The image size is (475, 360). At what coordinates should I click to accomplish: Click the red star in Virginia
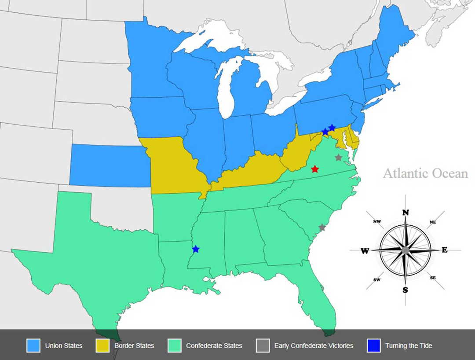click(x=315, y=169)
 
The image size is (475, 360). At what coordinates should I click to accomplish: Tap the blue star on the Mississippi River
click(x=196, y=249)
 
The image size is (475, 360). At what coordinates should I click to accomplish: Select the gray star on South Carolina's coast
click(x=322, y=227)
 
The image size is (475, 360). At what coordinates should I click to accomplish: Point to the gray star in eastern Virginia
click(x=338, y=157)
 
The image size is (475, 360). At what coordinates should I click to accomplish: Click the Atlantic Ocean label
click(x=425, y=173)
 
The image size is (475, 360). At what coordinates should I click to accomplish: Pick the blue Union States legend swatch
click(x=33, y=345)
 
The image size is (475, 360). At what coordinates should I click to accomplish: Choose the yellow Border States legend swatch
click(x=102, y=345)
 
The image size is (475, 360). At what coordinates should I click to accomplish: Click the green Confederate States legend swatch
click(x=175, y=345)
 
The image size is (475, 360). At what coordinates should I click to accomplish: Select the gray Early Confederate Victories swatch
click(x=263, y=345)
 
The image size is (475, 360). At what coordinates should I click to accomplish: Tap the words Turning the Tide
click(x=409, y=345)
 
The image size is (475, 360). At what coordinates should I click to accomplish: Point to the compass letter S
click(x=405, y=289)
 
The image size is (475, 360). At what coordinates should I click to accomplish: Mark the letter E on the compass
click(x=444, y=250)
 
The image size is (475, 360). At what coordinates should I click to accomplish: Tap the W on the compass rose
click(x=365, y=251)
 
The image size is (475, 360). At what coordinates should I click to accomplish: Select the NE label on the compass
click(x=432, y=222)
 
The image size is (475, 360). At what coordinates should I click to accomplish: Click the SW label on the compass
click(x=377, y=280)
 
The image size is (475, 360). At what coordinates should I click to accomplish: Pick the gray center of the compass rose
click(x=405, y=250)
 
